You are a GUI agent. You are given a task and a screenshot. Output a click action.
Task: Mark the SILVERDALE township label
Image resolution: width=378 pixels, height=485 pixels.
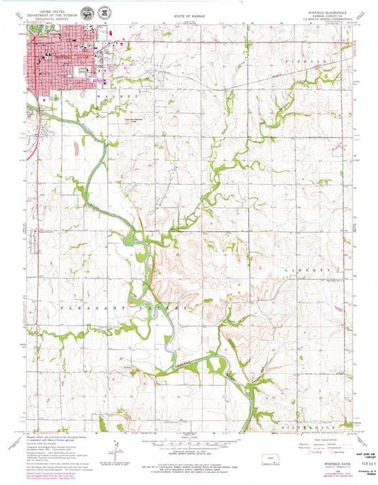[328, 409]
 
